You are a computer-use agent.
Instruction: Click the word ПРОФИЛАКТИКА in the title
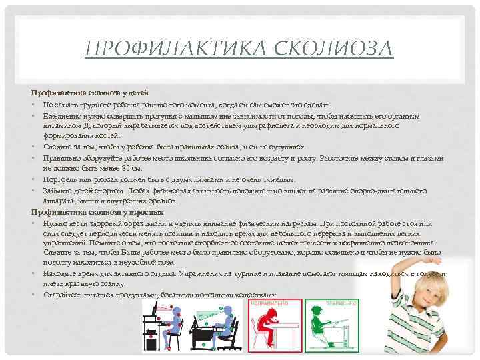click(x=169, y=48)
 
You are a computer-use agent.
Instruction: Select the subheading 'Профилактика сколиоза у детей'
click(x=90, y=92)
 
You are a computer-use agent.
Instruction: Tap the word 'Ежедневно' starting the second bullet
click(x=60, y=115)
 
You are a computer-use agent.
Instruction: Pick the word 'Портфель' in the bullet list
click(x=58, y=179)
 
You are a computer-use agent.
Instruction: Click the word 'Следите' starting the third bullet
click(x=56, y=147)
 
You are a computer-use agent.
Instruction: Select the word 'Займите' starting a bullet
click(x=57, y=190)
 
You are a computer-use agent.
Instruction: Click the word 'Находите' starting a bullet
click(x=59, y=273)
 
